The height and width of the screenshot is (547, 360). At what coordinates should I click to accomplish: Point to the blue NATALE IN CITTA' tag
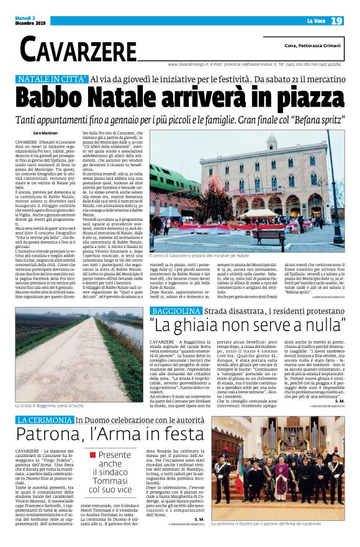(x=52, y=79)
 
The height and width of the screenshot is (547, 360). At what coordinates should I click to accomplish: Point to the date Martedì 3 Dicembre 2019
(x=29, y=22)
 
